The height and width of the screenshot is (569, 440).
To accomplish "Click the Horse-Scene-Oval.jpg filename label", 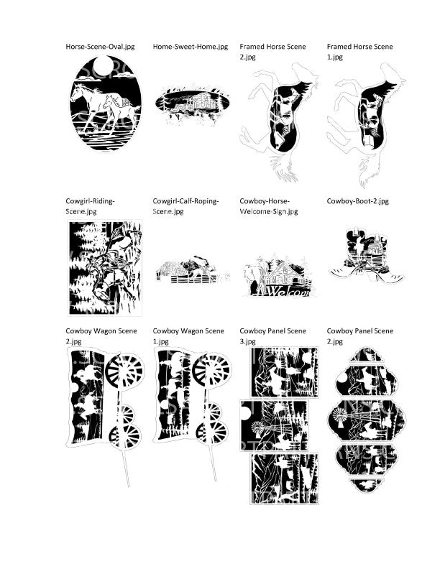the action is [100, 47].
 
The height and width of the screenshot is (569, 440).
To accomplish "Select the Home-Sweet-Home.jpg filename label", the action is [191, 47].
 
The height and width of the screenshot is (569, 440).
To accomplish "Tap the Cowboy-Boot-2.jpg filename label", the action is [357, 201].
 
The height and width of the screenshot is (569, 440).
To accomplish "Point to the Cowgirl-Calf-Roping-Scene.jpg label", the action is [185, 206].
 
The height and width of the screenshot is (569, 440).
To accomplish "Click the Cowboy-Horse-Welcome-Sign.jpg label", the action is [269, 206].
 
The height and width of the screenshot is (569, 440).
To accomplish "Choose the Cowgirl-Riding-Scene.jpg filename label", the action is [90, 206].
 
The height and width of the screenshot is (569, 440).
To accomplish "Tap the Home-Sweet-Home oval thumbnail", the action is [192, 104].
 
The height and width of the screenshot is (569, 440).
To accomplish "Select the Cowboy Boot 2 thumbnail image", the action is [366, 256].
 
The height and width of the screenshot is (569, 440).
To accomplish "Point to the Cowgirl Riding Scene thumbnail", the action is [105, 268].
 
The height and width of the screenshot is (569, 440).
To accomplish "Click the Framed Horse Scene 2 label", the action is [272, 52].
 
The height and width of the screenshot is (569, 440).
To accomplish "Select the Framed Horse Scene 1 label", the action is [359, 52].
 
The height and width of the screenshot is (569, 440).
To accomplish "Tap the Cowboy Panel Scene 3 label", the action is [272, 336].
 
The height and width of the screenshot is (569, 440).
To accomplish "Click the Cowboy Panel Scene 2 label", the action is [359, 336].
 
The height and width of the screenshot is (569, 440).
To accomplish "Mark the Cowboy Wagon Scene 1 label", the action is [188, 336].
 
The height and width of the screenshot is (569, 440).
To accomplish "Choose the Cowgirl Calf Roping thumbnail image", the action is [193, 269].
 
